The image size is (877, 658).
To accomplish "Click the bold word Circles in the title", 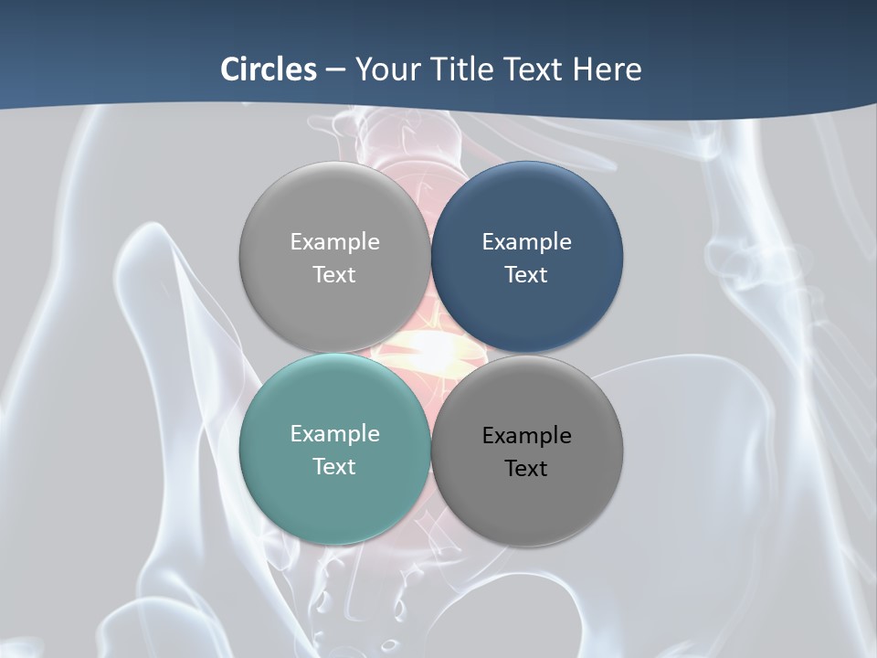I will coord(268,69).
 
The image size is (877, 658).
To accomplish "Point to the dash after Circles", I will coord(334,70).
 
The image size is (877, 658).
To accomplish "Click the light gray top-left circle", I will coord(334,210).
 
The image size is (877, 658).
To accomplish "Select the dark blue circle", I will coord(527,210).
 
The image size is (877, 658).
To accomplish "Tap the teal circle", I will coord(334,493).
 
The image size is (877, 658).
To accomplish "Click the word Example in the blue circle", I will coord(527,241).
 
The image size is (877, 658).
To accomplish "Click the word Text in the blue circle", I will coord(527,274).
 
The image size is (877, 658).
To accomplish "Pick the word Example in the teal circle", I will coord(334,433).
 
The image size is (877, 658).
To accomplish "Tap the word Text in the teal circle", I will coord(334,466).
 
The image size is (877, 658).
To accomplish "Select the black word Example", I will coord(527,435).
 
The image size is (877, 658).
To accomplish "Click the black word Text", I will coord(527,468).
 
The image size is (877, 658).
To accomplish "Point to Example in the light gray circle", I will coord(334,241).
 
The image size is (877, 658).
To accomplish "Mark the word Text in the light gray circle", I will coord(334,274).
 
